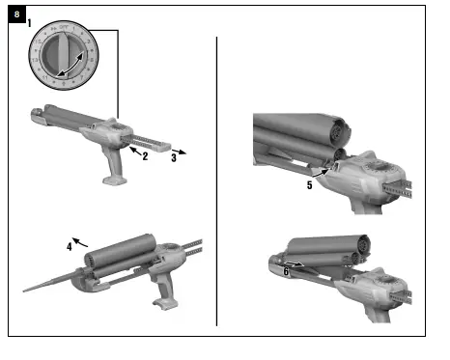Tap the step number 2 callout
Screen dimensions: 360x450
[x=144, y=155]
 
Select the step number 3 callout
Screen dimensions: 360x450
[x=173, y=154]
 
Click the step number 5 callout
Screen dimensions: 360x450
[x=308, y=184]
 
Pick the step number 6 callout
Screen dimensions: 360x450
[x=286, y=272]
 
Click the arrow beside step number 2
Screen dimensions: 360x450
[x=133, y=149]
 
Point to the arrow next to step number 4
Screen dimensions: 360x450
[x=83, y=239]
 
